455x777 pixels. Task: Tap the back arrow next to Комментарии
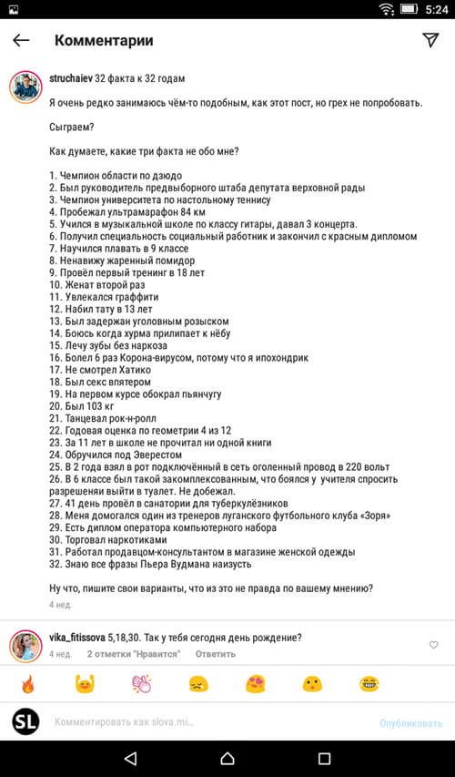click(21, 40)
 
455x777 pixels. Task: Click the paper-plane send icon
click(430, 40)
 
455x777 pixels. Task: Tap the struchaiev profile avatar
click(25, 87)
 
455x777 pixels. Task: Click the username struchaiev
click(70, 80)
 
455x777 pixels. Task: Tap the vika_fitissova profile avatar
click(25, 646)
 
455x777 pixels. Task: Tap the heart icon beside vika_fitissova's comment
click(433, 645)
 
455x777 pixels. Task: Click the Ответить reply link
click(215, 654)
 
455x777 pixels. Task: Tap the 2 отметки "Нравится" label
click(133, 654)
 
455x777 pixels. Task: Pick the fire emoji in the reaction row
click(27, 684)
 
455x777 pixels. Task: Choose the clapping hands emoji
click(141, 684)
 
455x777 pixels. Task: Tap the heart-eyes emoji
click(255, 684)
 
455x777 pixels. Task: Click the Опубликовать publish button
click(410, 723)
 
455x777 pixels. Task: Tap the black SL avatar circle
click(25, 721)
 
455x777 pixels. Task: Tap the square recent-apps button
click(324, 758)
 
